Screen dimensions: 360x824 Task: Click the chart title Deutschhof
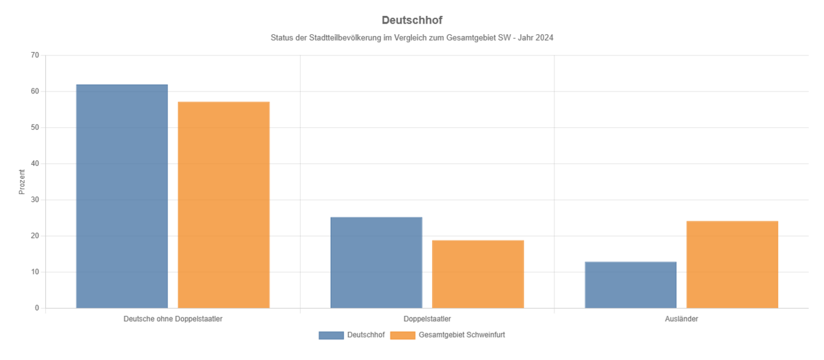[x=411, y=20]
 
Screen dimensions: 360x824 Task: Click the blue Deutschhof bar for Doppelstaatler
[x=376, y=262]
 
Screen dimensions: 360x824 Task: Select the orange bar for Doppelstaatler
[x=477, y=273]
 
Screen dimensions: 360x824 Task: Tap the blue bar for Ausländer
[x=630, y=284]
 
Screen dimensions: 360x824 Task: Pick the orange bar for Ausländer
[x=732, y=264]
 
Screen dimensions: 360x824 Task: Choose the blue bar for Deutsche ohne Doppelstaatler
[x=122, y=196]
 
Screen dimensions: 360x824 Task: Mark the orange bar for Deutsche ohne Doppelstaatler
[x=224, y=204]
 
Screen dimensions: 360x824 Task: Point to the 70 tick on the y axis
[x=35, y=55]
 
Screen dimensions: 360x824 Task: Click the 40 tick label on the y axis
[x=35, y=163]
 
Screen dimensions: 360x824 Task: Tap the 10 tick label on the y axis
[x=35, y=272]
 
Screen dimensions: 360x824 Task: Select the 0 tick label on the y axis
[x=37, y=308]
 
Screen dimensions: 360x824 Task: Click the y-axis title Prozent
[x=22, y=181]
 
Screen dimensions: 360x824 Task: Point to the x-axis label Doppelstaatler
[x=427, y=319]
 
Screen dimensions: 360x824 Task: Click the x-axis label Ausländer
[x=681, y=319]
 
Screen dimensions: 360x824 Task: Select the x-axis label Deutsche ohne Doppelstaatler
[x=173, y=319]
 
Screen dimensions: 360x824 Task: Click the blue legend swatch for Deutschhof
[x=331, y=335]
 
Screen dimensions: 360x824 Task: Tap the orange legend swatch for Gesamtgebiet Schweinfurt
[x=402, y=335]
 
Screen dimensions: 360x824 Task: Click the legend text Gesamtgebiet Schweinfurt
[x=462, y=335]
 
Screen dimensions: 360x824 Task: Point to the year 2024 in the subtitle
[x=545, y=38]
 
